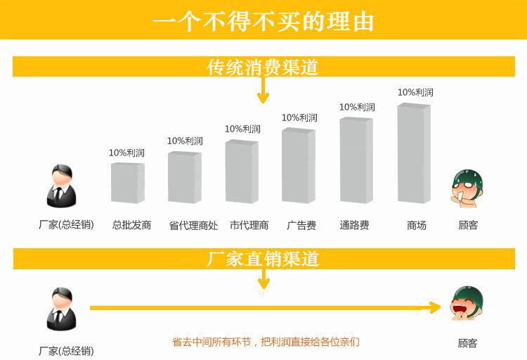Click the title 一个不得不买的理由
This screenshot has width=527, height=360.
[263, 20]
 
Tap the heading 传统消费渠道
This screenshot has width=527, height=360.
[263, 67]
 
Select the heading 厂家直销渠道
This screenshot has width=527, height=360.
[263, 258]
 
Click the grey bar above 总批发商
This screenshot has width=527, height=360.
[127, 183]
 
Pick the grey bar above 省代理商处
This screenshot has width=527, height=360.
[184, 178]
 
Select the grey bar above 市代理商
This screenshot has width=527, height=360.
[242, 172]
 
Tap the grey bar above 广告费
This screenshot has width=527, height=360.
[298, 166]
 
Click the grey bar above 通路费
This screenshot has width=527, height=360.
[356, 160]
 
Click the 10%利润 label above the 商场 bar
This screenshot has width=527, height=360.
[415, 92]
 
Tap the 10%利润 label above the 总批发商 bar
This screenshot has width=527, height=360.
[126, 153]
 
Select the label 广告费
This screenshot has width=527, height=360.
[301, 226]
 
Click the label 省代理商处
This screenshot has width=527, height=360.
[193, 226]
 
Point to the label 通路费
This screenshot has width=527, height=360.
[354, 226]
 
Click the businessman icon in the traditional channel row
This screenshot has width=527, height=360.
[60, 187]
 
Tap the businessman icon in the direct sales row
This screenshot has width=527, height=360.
[60, 309]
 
